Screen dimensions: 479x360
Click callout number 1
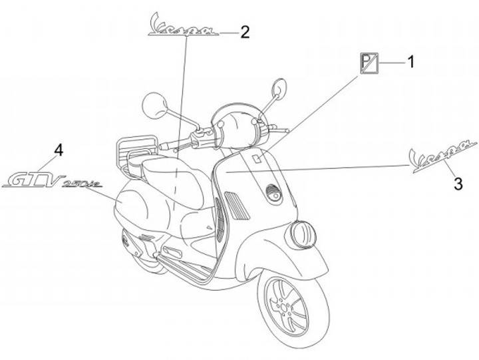click(410, 63)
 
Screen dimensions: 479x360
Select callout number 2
click(245, 31)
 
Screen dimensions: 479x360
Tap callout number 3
click(458, 183)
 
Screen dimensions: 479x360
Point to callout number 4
click(59, 150)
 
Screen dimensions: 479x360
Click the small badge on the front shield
click(256, 158)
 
